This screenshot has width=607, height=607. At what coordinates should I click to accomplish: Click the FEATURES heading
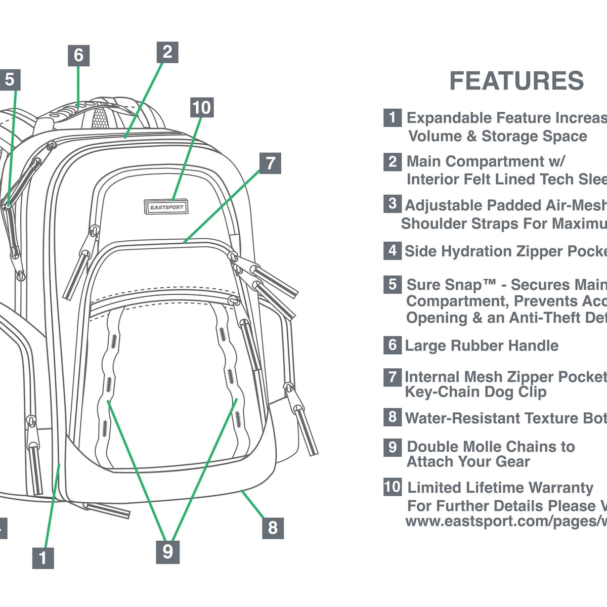(x=516, y=81)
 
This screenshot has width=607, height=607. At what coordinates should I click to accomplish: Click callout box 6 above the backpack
(x=78, y=55)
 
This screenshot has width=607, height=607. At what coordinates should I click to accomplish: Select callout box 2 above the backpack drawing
(x=167, y=52)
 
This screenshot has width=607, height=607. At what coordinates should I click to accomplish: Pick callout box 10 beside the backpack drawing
(x=201, y=107)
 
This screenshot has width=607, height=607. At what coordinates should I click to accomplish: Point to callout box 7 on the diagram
(x=271, y=163)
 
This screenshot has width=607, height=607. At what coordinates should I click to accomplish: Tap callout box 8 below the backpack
(x=273, y=528)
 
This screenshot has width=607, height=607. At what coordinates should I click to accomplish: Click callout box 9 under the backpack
(x=167, y=551)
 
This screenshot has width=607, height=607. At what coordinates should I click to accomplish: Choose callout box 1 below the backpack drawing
(x=43, y=557)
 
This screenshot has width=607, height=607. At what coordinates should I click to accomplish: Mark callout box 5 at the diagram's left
(x=10, y=80)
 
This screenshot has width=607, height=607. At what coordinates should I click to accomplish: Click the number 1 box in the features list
(x=393, y=118)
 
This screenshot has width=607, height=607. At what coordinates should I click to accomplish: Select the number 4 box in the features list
(x=393, y=251)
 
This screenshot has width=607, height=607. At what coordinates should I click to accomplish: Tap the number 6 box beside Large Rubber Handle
(x=393, y=345)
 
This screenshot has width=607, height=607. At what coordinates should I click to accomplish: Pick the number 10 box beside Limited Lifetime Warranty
(x=393, y=487)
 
